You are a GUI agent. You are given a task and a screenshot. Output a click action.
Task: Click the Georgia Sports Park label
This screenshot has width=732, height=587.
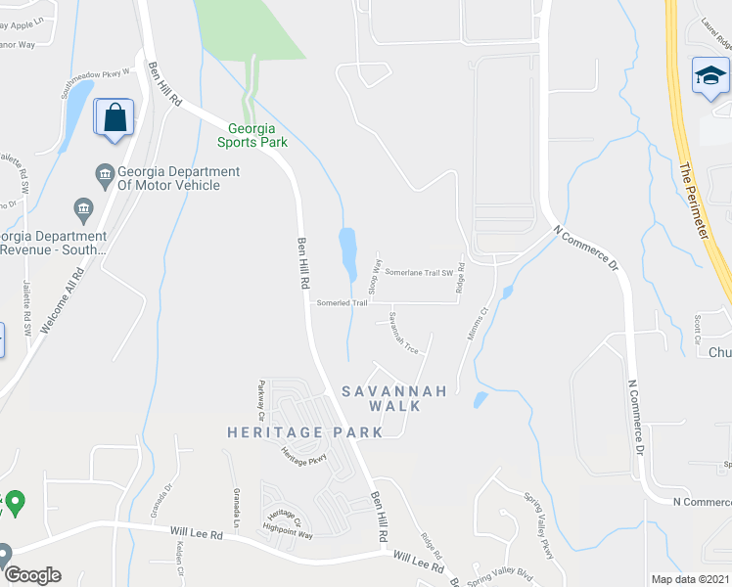point(257,135)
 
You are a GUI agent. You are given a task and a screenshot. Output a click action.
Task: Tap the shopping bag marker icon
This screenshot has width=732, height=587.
point(114,118)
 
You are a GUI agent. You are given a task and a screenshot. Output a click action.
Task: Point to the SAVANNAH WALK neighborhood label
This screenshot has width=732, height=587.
point(394,398)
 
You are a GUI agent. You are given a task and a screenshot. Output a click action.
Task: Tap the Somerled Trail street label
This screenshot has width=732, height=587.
point(342,302)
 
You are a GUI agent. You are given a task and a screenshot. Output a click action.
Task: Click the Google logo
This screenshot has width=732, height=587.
point(31,575)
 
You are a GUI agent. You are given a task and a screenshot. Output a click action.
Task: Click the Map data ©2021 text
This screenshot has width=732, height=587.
point(690,579)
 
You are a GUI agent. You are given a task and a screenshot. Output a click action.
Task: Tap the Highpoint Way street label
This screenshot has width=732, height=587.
point(292,534)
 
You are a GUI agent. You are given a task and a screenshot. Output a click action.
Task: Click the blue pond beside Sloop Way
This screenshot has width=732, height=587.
point(347,253)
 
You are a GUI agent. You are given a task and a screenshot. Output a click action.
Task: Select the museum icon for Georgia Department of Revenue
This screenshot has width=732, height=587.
point(83,208)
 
